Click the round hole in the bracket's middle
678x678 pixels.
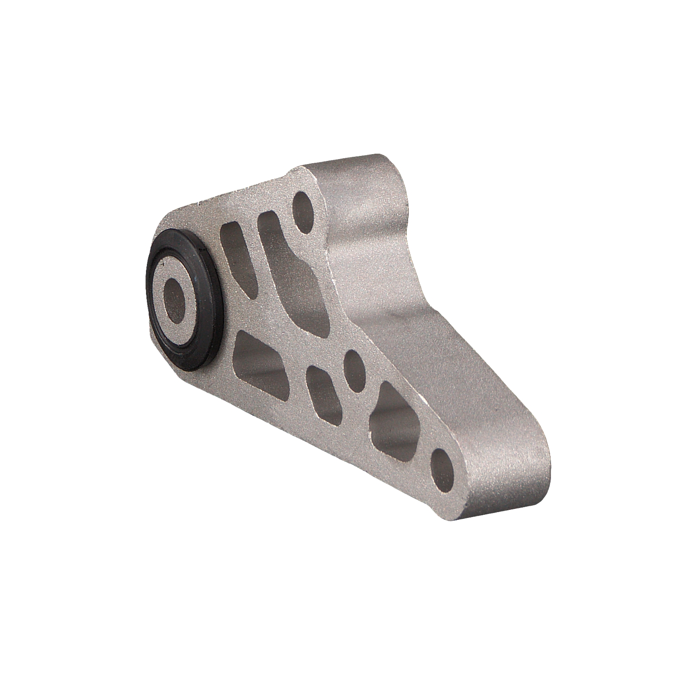355,365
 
